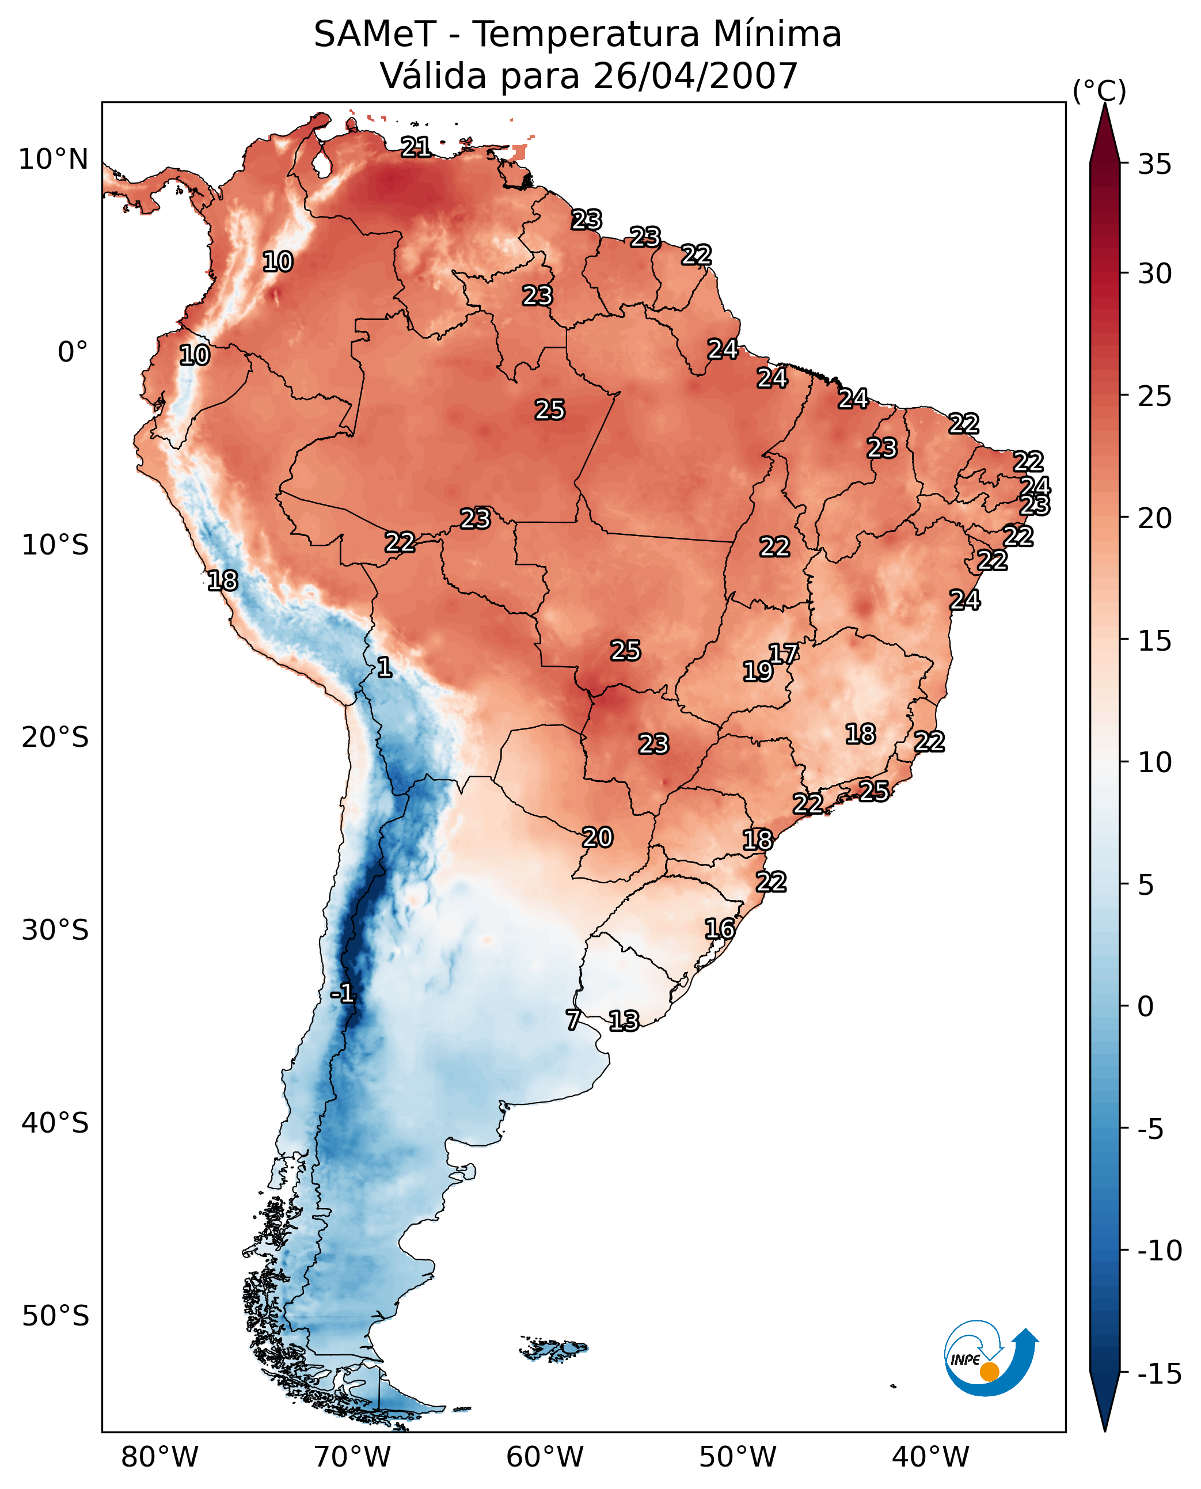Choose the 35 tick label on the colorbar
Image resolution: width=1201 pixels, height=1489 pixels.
click(1154, 165)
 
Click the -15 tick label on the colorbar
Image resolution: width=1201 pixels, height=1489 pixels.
click(1160, 1374)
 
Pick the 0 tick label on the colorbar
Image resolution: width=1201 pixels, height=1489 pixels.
click(1146, 1006)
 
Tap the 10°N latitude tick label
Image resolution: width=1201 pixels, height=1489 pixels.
click(54, 160)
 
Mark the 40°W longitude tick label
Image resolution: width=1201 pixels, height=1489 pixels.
click(930, 1457)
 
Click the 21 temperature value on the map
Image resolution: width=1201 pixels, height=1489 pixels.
click(416, 147)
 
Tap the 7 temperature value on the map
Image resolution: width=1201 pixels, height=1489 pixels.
click(573, 1020)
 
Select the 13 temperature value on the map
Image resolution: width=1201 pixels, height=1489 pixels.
click(624, 1021)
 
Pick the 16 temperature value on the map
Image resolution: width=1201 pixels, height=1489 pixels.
click(720, 929)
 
